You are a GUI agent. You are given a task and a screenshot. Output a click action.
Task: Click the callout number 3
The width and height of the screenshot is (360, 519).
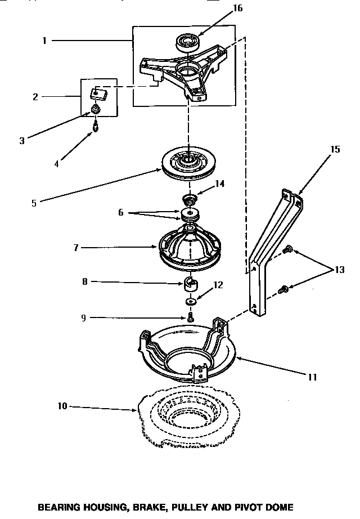pos(22,141)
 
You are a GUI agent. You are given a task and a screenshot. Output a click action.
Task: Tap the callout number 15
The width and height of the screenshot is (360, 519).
pos(335,150)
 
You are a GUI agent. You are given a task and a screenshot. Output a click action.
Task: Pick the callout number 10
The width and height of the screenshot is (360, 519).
pos(62,405)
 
